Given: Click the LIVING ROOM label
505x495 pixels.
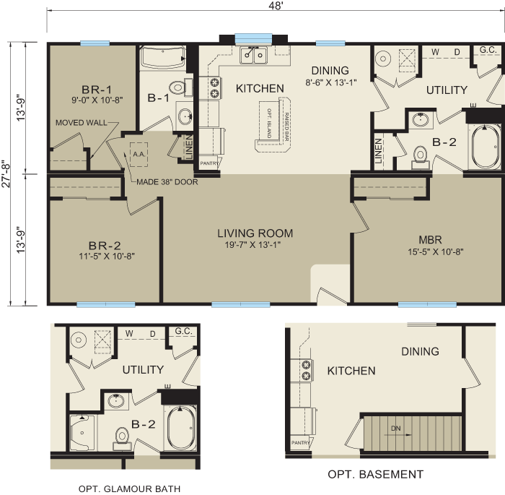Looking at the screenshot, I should tap(255, 233).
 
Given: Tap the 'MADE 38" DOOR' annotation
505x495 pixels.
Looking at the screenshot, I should tap(167, 182).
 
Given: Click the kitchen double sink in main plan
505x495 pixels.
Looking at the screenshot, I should tap(254, 55).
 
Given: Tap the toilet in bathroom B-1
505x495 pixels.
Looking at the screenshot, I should tap(176, 89).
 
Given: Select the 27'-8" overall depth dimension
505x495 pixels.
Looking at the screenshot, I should tap(6, 173).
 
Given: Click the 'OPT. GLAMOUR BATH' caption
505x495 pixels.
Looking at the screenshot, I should tap(129, 489).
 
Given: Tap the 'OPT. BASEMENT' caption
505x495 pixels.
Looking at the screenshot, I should tap(375, 475).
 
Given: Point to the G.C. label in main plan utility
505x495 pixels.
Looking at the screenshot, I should tap(487, 51).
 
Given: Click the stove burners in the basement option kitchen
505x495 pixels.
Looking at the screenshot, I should tap(306, 370).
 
